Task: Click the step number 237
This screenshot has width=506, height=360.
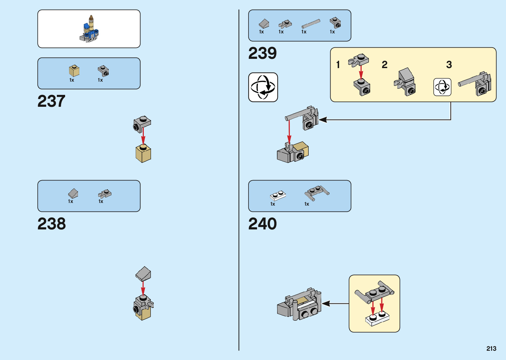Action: pyautogui.click(x=51, y=101)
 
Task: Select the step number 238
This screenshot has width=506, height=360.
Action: pyautogui.click(x=52, y=224)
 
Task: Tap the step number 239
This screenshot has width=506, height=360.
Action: pyautogui.click(x=262, y=53)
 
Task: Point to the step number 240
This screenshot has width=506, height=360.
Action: pyautogui.click(x=262, y=224)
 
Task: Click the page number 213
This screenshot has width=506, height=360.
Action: pyautogui.click(x=491, y=348)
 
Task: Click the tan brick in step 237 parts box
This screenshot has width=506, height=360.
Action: pyautogui.click(x=74, y=71)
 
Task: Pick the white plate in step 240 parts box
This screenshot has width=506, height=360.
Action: pyautogui.click(x=278, y=195)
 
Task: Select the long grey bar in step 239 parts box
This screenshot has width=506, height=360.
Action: pyautogui.click(x=311, y=24)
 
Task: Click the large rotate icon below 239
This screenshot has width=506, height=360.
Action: pyautogui.click(x=263, y=87)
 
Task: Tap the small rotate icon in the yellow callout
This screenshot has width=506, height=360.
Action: pyautogui.click(x=442, y=87)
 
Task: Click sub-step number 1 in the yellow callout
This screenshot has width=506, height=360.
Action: pyautogui.click(x=338, y=64)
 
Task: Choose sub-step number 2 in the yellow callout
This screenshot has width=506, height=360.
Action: pyautogui.click(x=384, y=64)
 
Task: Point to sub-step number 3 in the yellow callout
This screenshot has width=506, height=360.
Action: pyautogui.click(x=449, y=64)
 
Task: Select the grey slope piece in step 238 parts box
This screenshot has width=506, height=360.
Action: pyautogui.click(x=73, y=193)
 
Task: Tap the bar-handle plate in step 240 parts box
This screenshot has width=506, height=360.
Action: pyautogui.click(x=316, y=192)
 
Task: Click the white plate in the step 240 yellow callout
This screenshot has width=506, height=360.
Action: pyautogui.click(x=377, y=319)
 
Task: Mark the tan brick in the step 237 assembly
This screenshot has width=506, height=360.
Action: pyautogui.click(x=143, y=154)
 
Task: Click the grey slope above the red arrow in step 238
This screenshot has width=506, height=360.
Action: pyautogui.click(x=143, y=274)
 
